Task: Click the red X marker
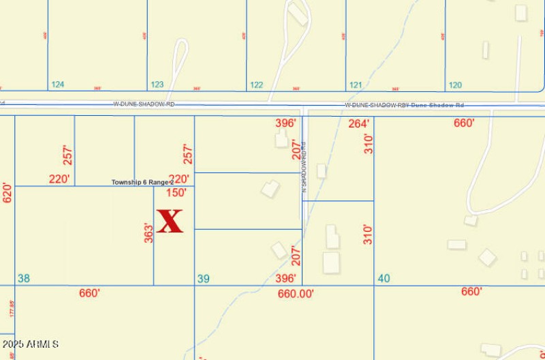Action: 170,221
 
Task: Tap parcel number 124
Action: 58,85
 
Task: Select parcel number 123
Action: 157,85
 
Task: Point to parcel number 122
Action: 256,85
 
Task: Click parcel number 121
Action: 355,85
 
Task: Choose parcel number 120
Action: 454,85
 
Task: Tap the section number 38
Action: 24,278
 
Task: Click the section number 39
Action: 203,278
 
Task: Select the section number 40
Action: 384,278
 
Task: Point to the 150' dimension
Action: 176,193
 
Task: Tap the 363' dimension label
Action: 148,233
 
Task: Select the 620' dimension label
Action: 7,192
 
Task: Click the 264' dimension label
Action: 358,123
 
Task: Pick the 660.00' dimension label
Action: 296,293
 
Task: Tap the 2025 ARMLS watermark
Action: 31,344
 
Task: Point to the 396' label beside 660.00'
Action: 285,278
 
